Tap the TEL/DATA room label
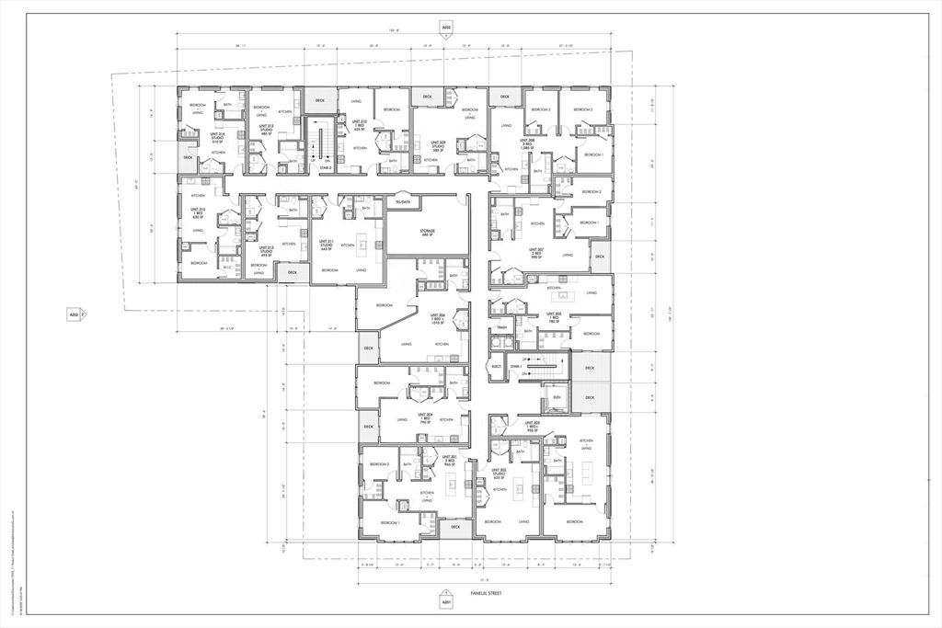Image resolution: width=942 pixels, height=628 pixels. pos(401,201)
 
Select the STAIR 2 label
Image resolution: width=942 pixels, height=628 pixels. pos(326,168)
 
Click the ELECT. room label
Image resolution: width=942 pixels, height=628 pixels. pos(497,366)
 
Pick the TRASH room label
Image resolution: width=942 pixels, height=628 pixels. pos(502,328)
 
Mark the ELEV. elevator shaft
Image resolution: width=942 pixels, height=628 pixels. pos(556,397)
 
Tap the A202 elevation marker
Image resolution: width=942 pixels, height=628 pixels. pos(446,29)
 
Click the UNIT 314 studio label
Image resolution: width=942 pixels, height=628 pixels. pos(217,139)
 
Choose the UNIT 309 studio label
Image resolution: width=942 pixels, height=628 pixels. pos(441,146)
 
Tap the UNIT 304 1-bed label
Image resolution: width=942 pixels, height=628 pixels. pos(424,418)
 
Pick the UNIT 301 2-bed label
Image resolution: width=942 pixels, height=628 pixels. pos(450,461)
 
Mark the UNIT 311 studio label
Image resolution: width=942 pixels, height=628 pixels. pos(326,244)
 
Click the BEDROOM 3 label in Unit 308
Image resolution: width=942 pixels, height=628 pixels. pos(538,109)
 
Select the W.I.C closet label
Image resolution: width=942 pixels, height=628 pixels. pos(226,267)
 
